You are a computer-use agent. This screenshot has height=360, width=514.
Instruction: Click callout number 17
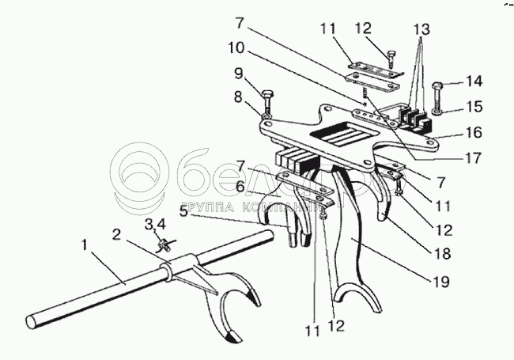click(474, 157)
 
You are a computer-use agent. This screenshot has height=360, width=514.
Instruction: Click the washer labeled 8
click(266, 119)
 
